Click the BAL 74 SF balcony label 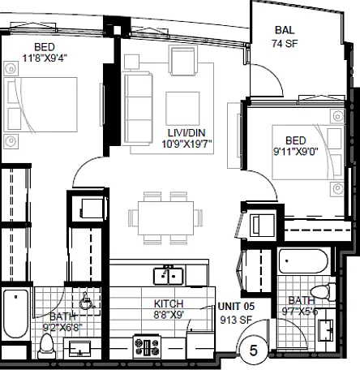tap(285, 37)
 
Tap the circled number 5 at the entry tap(253, 351)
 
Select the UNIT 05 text tap(236, 307)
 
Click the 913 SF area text tap(236, 320)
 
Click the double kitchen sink tap(169, 276)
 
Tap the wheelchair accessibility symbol tap(87, 301)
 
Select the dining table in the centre tap(165, 218)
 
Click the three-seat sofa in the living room tap(137, 108)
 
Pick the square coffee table tap(182, 109)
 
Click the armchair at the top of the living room tap(182, 60)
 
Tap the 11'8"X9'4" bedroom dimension tap(45, 58)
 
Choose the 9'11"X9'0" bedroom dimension tap(296, 152)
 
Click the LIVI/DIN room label tap(186, 133)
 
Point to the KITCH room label tap(169, 303)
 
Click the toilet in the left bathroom tap(47, 346)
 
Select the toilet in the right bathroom tap(323, 292)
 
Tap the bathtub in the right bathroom tap(303, 261)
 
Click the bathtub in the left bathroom tap(15, 313)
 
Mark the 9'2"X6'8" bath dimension tap(62, 328)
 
